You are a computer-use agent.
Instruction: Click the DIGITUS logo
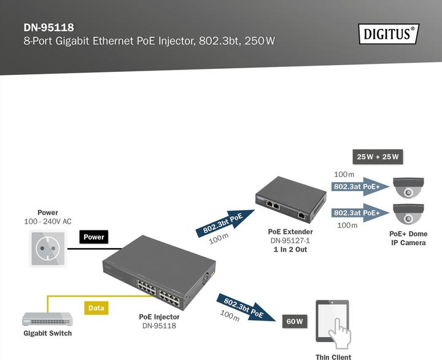pyautogui.click(x=388, y=33)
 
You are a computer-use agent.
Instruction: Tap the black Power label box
pyautogui.click(x=94, y=237)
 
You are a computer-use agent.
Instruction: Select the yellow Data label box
pyautogui.click(x=96, y=307)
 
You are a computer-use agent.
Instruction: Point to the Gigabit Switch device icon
pyautogui.click(x=47, y=319)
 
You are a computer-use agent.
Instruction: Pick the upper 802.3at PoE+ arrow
pyautogui.click(x=360, y=186)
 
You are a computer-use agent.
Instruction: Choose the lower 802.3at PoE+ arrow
pyautogui.click(x=360, y=213)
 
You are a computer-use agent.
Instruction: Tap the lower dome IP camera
pyautogui.click(x=408, y=213)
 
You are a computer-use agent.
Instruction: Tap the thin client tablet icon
pyautogui.click(x=333, y=321)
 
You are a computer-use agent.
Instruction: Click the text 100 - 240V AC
pyautogui.click(x=47, y=221)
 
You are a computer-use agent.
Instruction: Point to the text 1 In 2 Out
pyautogui.click(x=290, y=249)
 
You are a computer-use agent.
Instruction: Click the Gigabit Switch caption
pyautogui.click(x=47, y=334)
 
